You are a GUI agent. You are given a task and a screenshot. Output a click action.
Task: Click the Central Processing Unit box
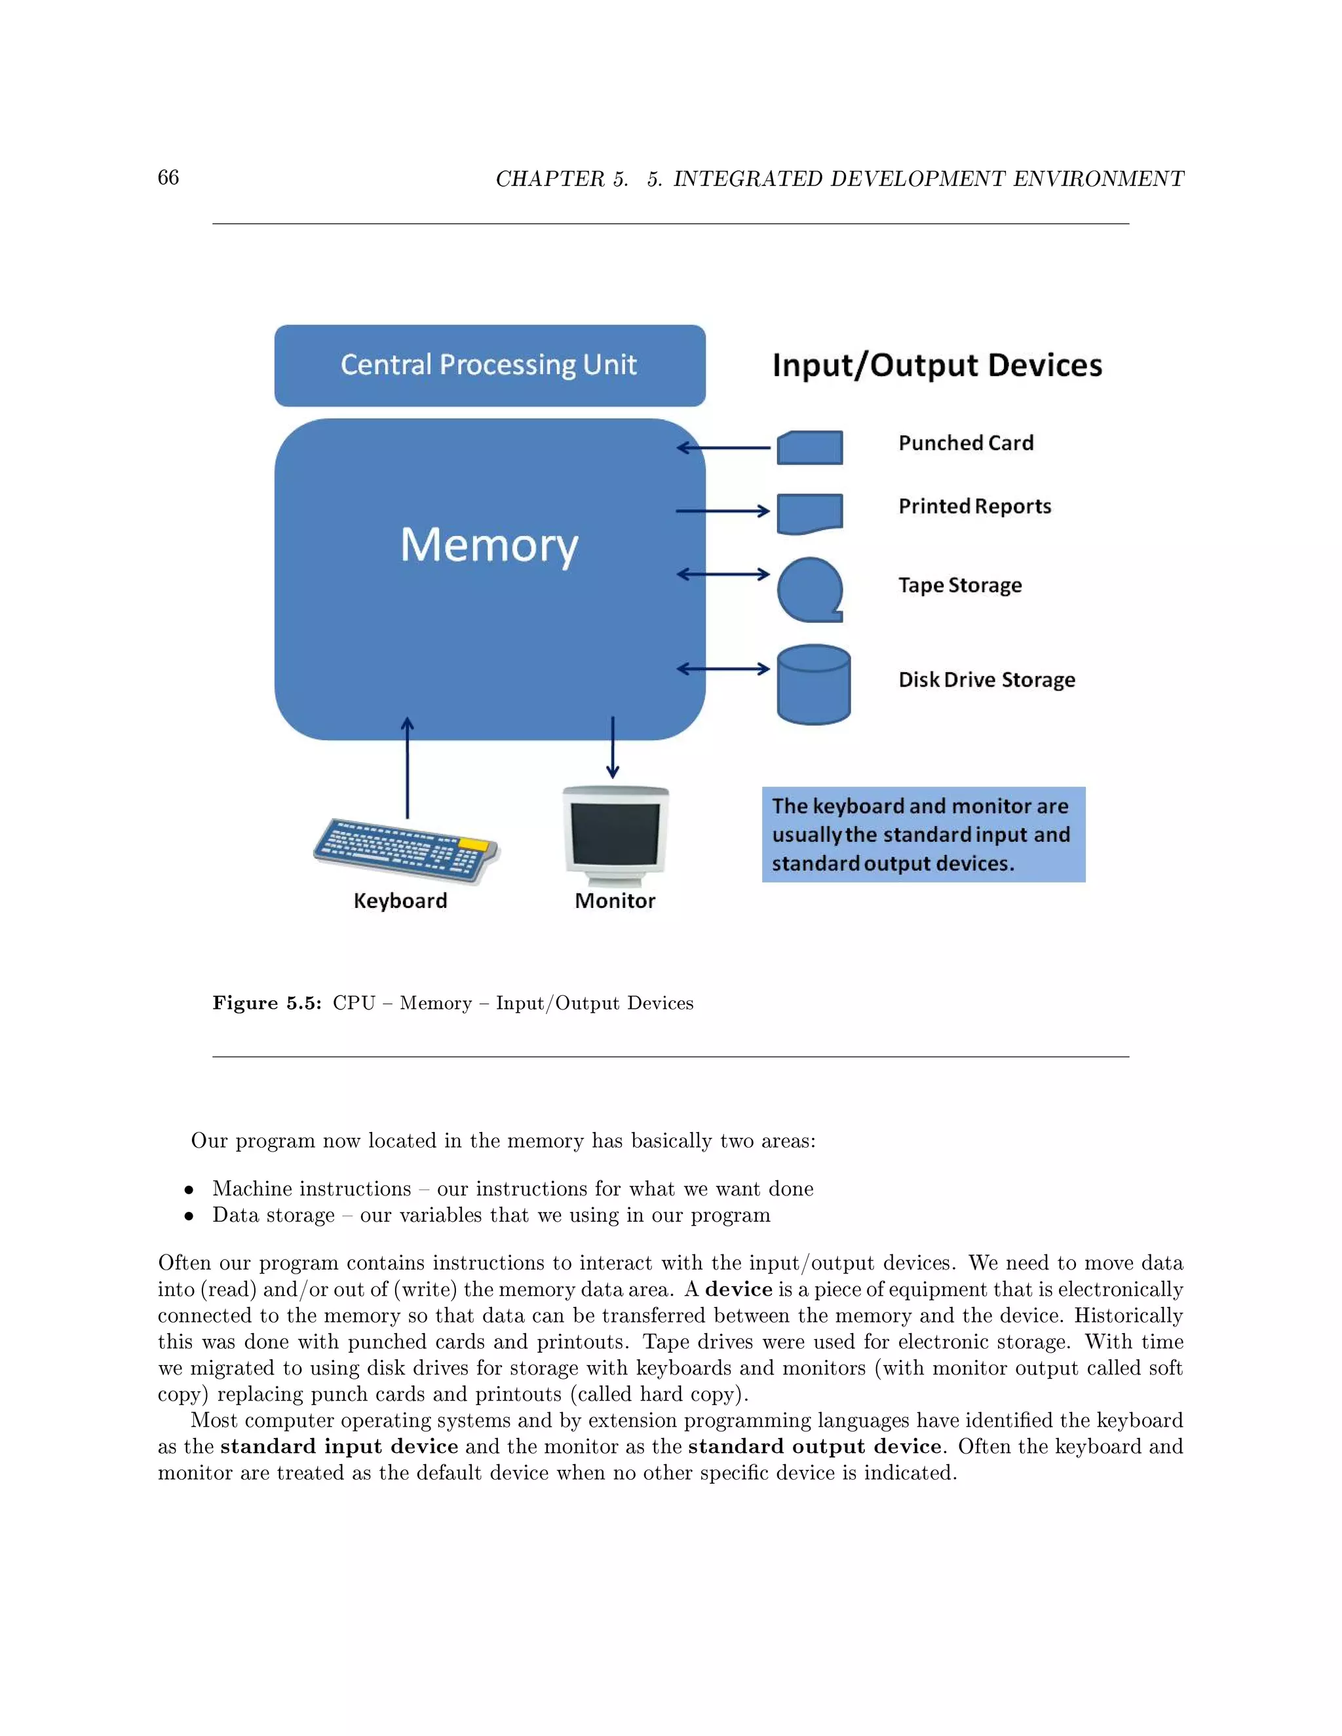(489, 365)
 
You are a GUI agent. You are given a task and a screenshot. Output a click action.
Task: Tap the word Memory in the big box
(489, 545)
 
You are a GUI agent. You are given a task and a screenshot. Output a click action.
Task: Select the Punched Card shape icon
(809, 447)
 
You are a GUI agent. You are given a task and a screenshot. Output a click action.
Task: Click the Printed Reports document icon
(809, 514)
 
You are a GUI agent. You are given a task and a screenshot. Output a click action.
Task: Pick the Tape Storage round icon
(809, 589)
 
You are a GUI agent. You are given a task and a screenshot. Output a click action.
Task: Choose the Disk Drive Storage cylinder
(813, 685)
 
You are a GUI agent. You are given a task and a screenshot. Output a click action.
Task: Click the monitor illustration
(615, 835)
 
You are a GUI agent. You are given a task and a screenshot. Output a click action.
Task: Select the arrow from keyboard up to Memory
(407, 767)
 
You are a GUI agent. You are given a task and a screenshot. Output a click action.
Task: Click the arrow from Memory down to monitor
(612, 747)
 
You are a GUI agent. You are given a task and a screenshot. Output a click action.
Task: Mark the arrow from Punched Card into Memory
(723, 447)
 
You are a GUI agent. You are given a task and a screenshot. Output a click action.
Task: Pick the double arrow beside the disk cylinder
(723, 668)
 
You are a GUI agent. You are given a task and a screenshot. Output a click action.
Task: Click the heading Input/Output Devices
(936, 365)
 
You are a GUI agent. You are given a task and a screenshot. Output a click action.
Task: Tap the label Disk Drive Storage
(986, 679)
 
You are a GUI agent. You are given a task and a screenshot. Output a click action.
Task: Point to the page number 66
(168, 178)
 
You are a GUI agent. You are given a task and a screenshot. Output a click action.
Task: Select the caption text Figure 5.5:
(266, 1003)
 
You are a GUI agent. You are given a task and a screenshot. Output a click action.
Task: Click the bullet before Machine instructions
(189, 1190)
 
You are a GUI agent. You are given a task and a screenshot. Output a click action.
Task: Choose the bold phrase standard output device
(814, 1446)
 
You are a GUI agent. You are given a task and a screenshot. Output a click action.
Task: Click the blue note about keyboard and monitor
(923, 835)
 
